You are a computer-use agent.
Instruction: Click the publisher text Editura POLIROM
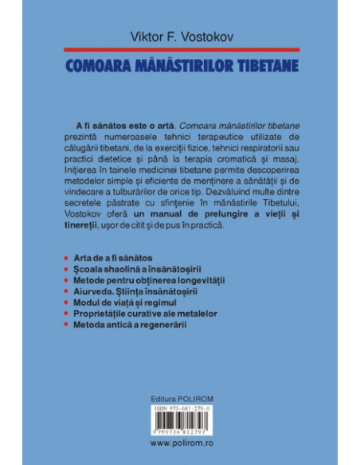click(179, 398)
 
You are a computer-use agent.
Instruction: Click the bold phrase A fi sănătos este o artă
click(119, 127)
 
